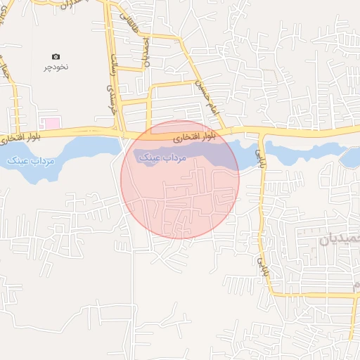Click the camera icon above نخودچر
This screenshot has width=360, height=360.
point(56,56)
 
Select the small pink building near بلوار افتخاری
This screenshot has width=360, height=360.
point(53,124)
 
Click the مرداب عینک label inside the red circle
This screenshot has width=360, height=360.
point(162,157)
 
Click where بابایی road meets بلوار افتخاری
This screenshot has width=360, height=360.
point(262,131)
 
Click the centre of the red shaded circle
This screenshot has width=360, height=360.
point(180,179)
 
